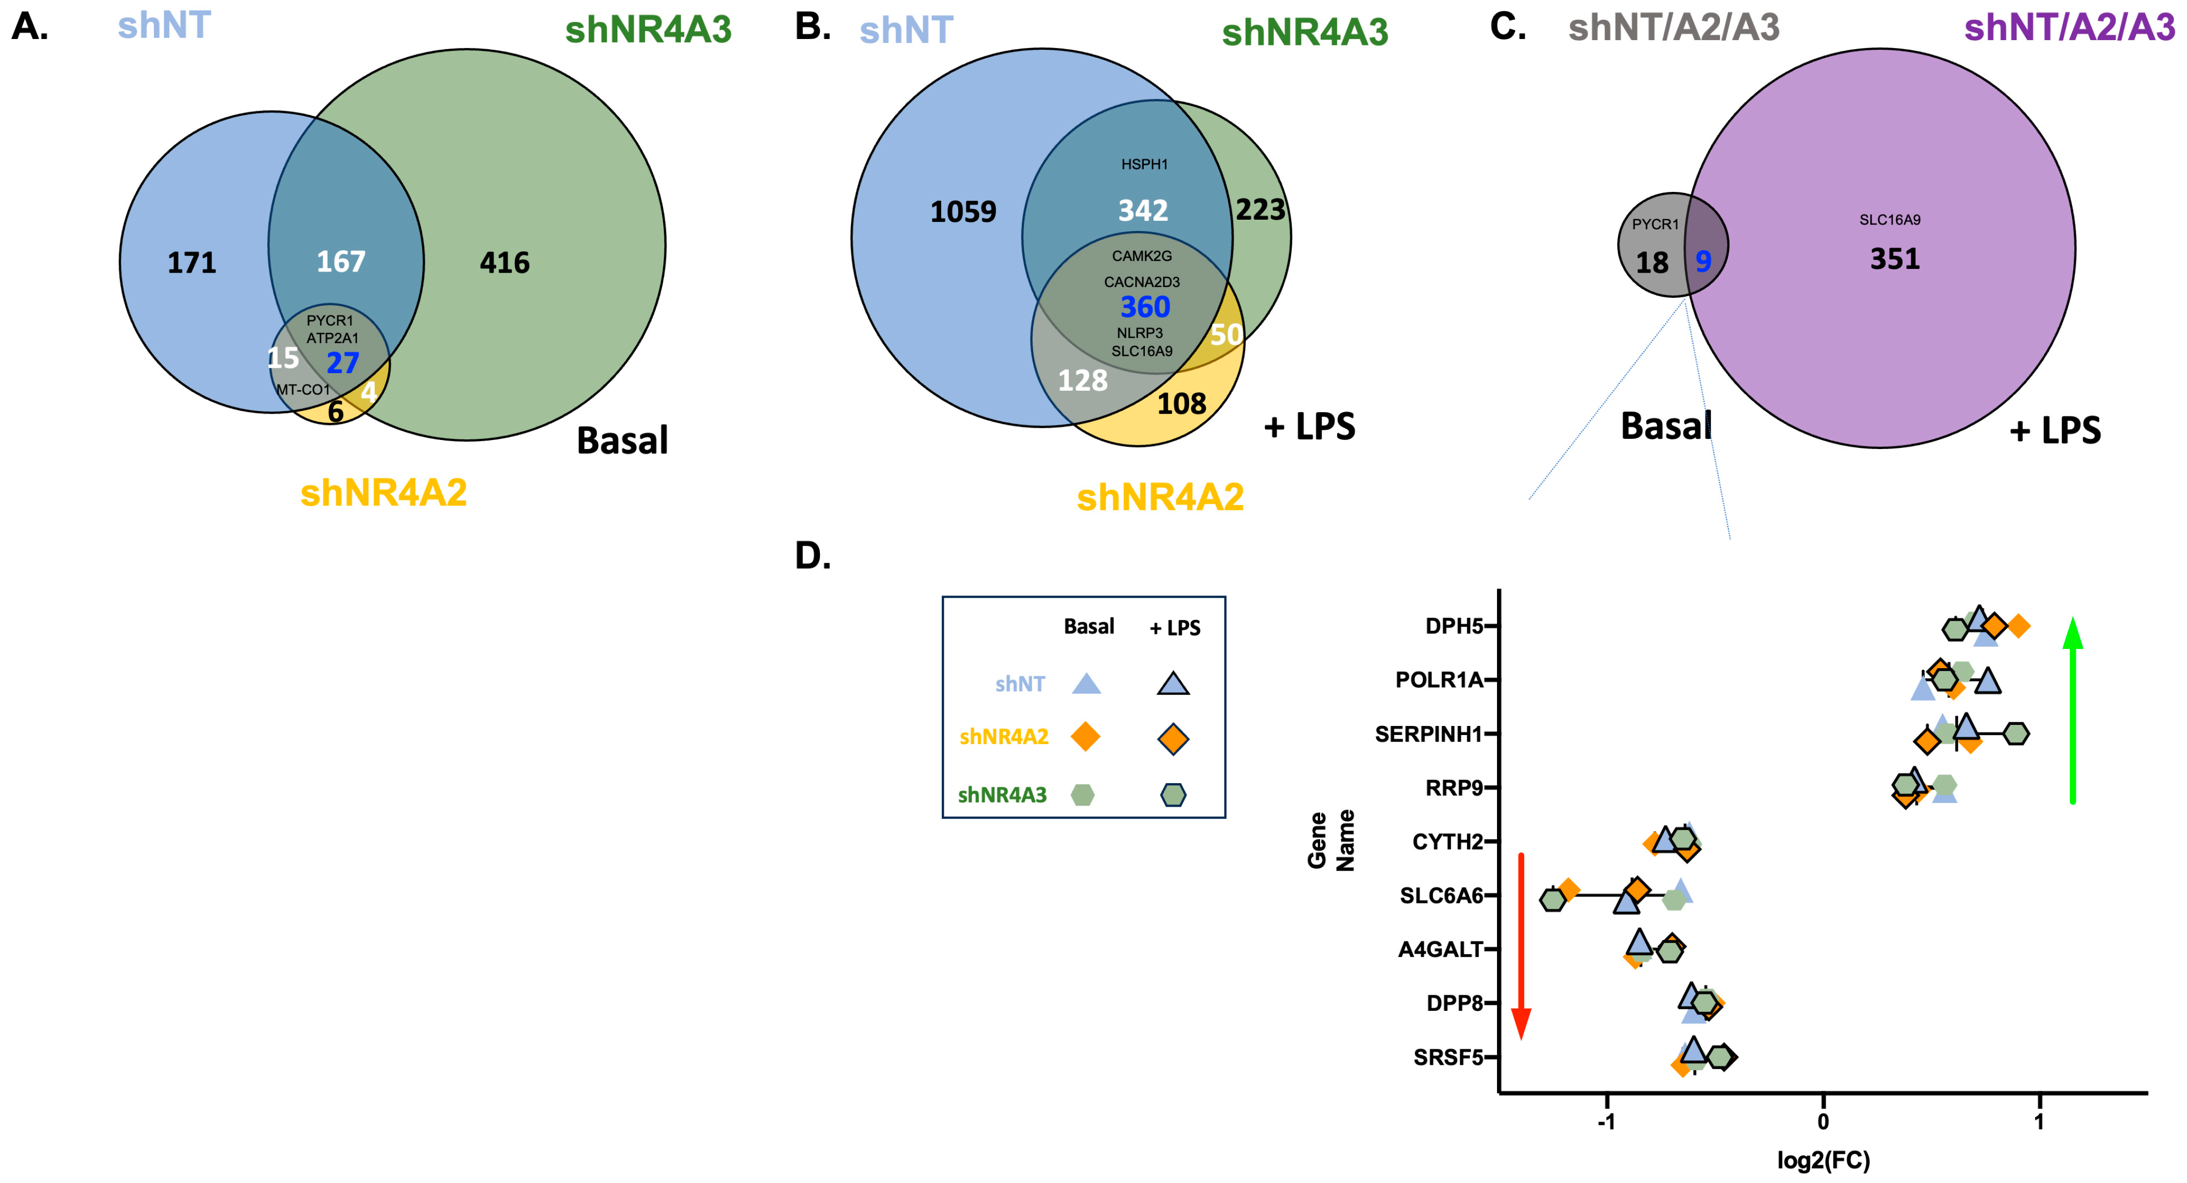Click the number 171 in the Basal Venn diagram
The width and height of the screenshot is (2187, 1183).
(x=192, y=263)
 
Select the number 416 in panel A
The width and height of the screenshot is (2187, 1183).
(x=505, y=263)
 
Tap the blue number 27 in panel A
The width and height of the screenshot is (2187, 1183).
(x=343, y=364)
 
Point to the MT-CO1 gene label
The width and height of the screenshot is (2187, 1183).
(x=303, y=390)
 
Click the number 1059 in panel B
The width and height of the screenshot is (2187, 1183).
(x=963, y=212)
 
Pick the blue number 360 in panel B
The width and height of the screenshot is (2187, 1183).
(x=1145, y=307)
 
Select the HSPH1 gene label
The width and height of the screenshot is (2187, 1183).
(x=1144, y=165)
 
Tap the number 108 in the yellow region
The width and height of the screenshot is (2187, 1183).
(x=1181, y=404)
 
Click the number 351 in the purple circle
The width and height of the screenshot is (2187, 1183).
(x=1895, y=259)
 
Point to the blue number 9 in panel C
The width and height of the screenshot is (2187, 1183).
(x=1703, y=261)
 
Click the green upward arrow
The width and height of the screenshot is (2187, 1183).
(x=2073, y=709)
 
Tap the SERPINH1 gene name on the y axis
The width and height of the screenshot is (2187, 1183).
(x=1429, y=734)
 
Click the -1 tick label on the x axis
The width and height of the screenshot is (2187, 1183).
(x=1606, y=1122)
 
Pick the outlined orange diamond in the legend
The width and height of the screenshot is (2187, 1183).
(x=1173, y=739)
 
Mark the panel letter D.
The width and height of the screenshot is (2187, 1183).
(x=812, y=556)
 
